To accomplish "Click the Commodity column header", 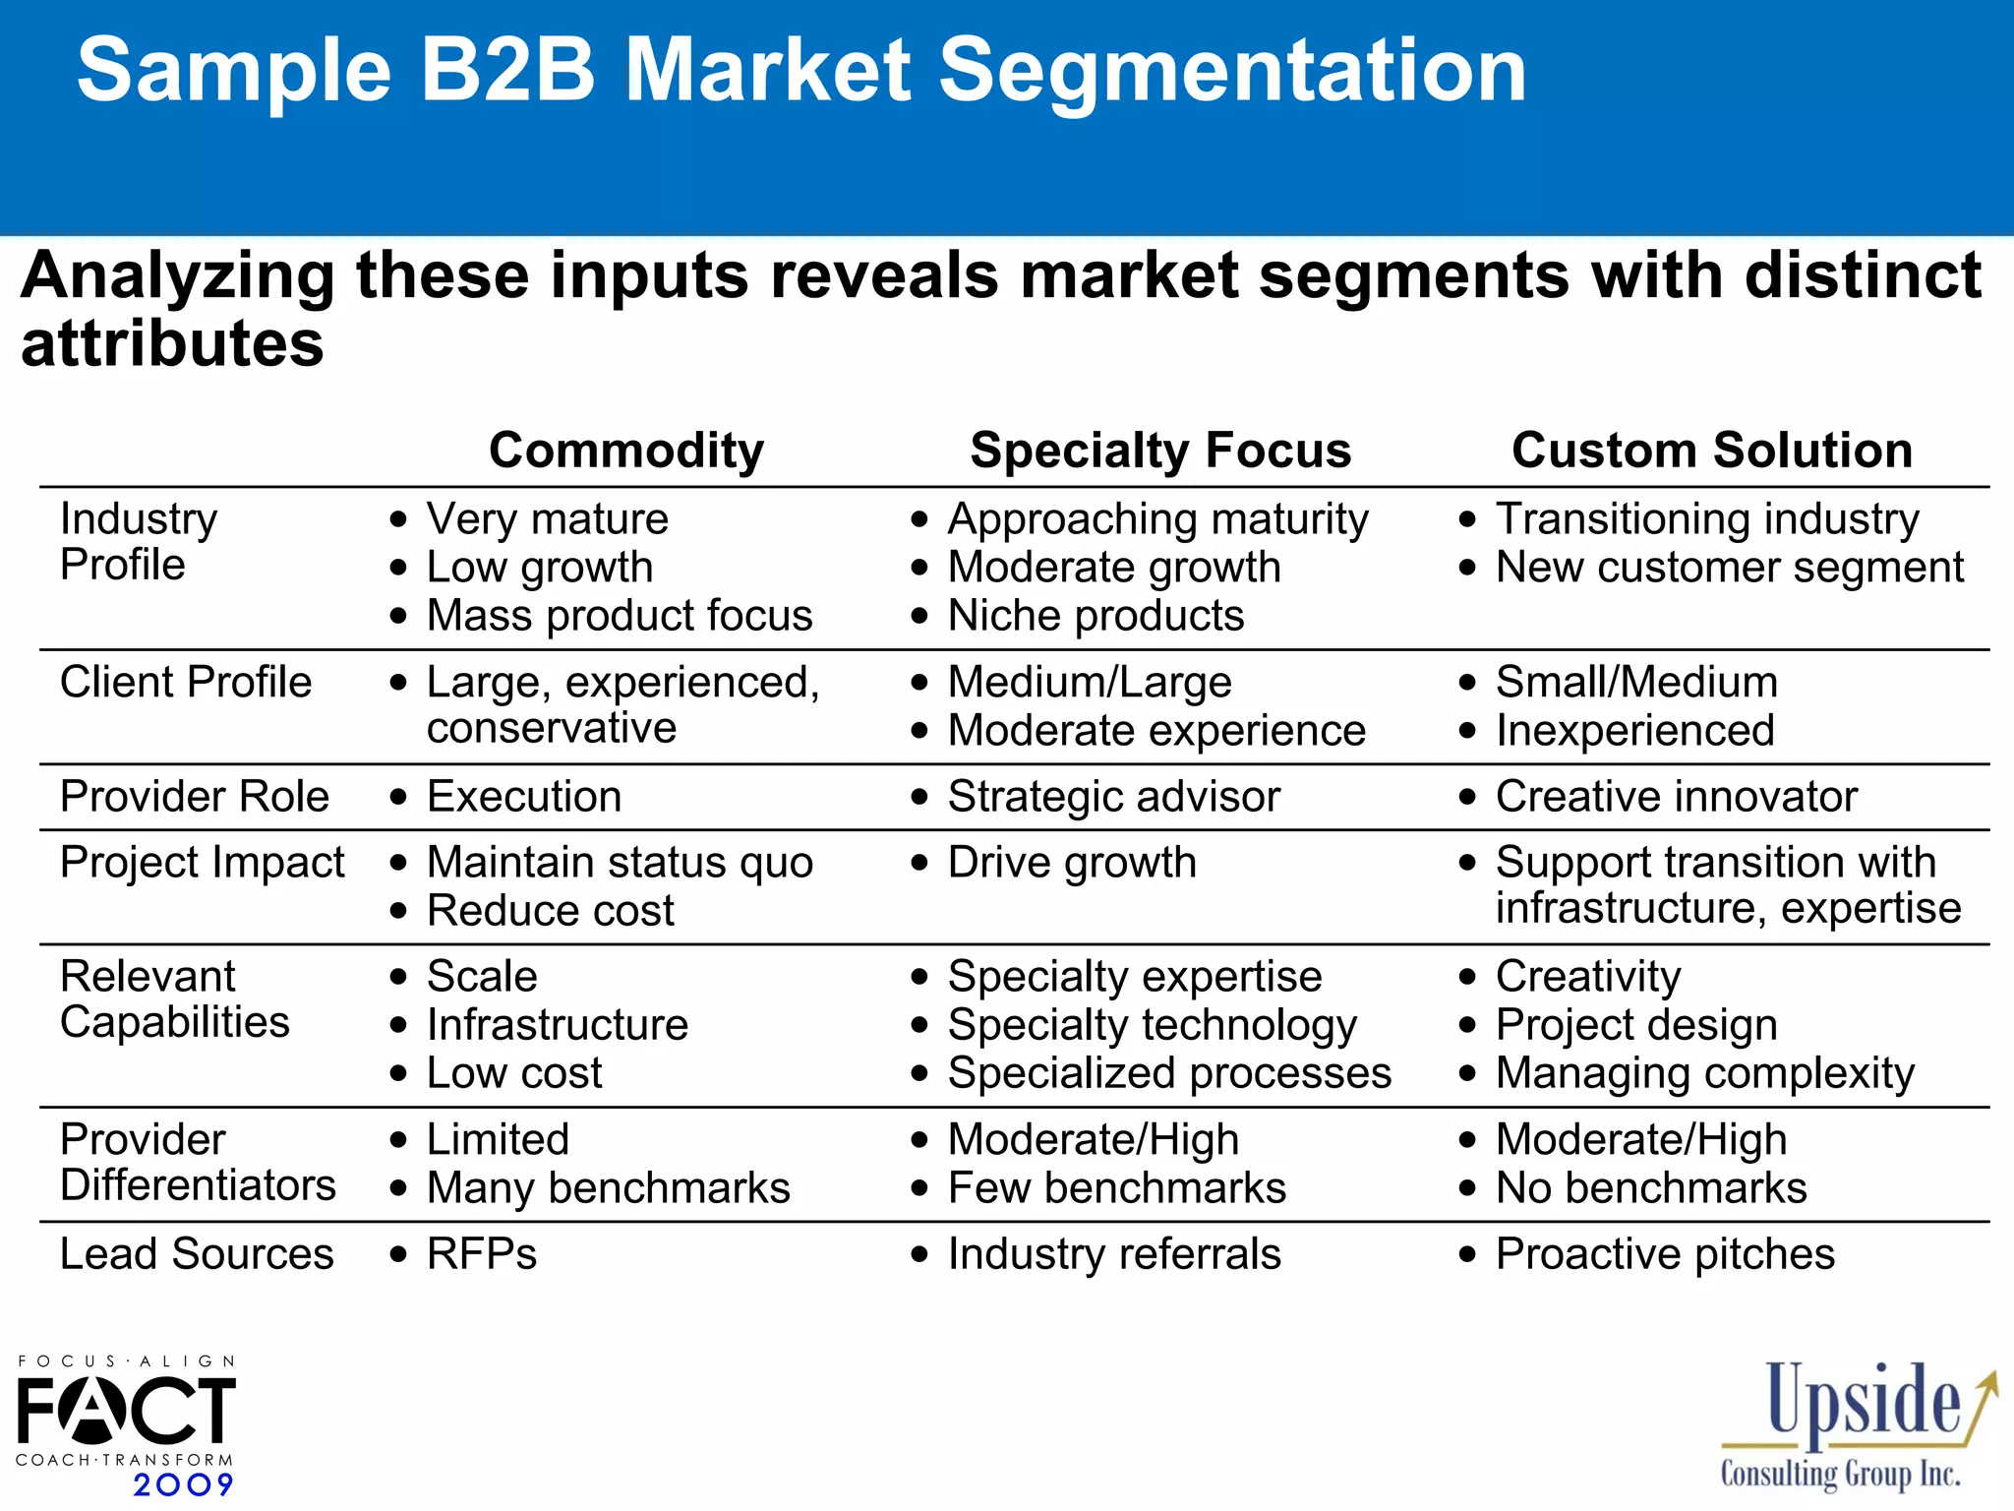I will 626,451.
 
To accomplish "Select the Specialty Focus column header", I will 1160,451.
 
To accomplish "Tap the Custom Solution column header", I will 1712,451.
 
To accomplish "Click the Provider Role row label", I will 195,796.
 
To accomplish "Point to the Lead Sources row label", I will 197,1254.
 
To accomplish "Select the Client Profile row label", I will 186,682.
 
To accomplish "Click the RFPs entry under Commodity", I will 482,1254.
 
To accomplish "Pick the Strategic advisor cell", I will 1113,797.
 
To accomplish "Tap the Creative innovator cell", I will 1676,797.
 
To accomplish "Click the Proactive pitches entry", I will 1665,1254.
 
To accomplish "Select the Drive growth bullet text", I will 1072,863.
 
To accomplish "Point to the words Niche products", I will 1096,616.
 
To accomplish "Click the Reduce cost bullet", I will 550,911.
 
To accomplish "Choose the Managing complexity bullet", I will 1704,1073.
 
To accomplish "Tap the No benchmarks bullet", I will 1651,1188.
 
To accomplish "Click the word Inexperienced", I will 1634,731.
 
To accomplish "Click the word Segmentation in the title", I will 1231,71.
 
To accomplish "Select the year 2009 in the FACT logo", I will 183,1484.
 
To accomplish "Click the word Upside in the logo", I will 1864,1401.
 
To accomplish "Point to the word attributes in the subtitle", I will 172,344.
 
